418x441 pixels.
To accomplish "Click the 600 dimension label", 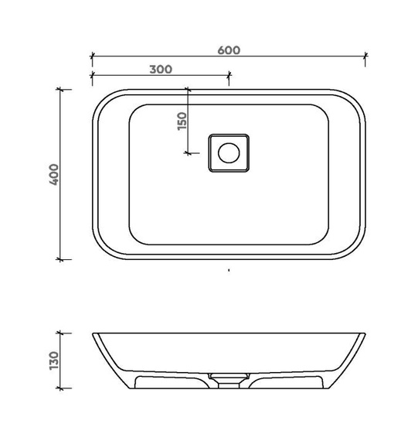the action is pyautogui.click(x=229, y=50).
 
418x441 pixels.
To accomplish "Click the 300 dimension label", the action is pyautogui.click(x=161, y=69).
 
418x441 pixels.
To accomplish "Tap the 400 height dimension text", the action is pyautogui.click(x=53, y=174).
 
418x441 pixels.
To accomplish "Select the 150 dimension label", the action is pyautogui.click(x=182, y=121).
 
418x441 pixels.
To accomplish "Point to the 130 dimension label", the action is pyautogui.click(x=53, y=361).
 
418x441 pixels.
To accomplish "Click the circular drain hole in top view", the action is pyautogui.click(x=229, y=153).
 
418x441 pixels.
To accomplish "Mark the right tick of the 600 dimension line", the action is pyautogui.click(x=365, y=56).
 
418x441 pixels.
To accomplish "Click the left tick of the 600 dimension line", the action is pyautogui.click(x=93, y=56).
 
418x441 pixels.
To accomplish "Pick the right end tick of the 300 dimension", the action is pyautogui.click(x=229, y=75).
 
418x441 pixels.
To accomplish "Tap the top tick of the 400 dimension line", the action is pyautogui.click(x=59, y=90).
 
